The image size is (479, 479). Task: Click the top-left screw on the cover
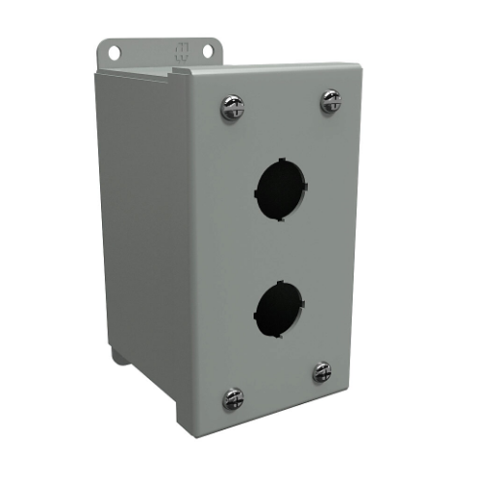[232, 107]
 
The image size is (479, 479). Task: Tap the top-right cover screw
[330, 100]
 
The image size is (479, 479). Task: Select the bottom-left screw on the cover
[232, 397]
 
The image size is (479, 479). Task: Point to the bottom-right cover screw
[322, 371]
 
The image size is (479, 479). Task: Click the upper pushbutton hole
[281, 184]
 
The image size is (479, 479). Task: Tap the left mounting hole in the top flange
[114, 52]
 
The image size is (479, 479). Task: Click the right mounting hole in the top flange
[207, 51]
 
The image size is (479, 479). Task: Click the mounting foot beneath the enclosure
[119, 355]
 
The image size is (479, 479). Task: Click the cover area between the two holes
[281, 244]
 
